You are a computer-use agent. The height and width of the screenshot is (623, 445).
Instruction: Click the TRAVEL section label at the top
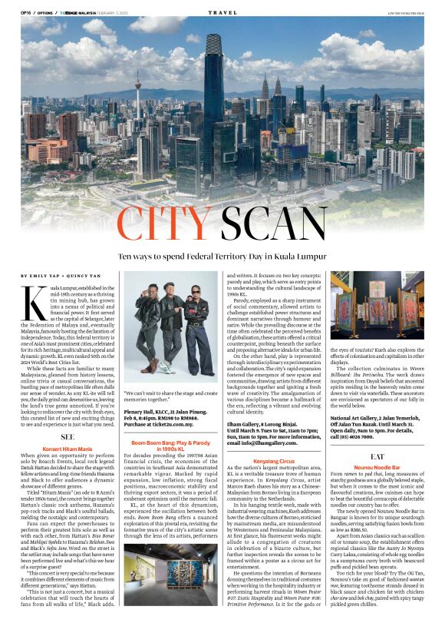[x=222, y=12]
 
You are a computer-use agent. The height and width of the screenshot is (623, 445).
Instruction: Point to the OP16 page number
[x=25, y=12]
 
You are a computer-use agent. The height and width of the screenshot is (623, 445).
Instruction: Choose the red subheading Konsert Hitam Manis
[x=68, y=426]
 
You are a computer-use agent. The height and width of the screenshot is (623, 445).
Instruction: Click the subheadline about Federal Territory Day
[x=222, y=253]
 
